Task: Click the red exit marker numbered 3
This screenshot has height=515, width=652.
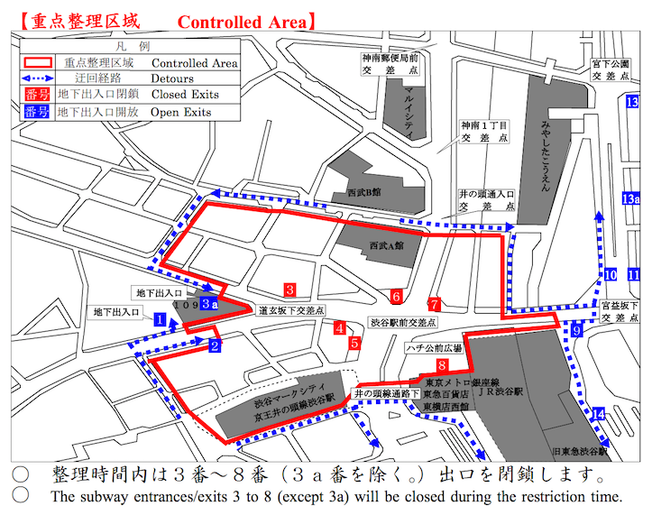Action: pyautogui.click(x=290, y=290)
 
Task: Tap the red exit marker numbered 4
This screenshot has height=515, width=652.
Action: pyautogui.click(x=339, y=328)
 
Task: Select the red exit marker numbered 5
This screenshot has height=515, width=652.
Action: pyautogui.click(x=355, y=343)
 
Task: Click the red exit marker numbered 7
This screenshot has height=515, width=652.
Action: pyautogui.click(x=435, y=305)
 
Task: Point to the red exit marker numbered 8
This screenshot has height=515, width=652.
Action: pyautogui.click(x=442, y=366)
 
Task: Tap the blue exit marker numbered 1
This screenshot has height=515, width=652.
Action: pyautogui.click(x=160, y=317)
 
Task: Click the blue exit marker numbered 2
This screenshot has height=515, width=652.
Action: pyautogui.click(x=215, y=345)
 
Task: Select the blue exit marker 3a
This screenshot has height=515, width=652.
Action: pyautogui.click(x=209, y=305)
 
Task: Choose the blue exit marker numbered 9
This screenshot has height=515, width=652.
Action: pyautogui.click(x=577, y=331)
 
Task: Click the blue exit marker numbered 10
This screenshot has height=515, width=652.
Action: pyautogui.click(x=610, y=276)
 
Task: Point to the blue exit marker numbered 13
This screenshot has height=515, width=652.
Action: pyautogui.click(x=632, y=103)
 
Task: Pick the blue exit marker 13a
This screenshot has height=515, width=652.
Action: pyautogui.click(x=631, y=198)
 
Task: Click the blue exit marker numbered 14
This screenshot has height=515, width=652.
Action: pyautogui.click(x=600, y=415)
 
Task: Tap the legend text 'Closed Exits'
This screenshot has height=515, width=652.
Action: pyautogui.click(x=186, y=95)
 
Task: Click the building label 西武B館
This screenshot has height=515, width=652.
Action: pyautogui.click(x=363, y=193)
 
